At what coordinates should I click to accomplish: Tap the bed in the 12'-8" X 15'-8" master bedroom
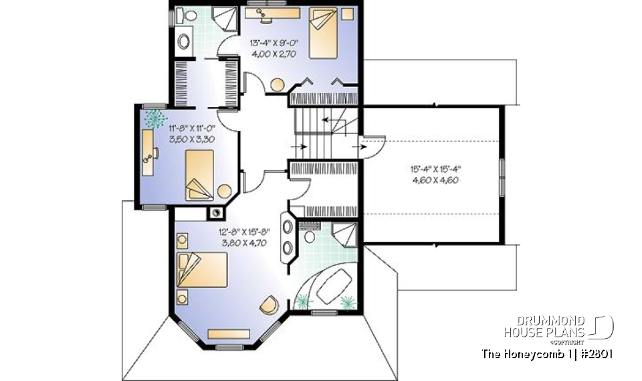click(x=203, y=270)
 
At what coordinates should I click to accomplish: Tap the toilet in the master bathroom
click(x=310, y=237)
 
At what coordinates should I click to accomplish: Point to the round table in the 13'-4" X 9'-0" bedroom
click(x=276, y=84)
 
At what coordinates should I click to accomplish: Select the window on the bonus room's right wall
click(x=502, y=175)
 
